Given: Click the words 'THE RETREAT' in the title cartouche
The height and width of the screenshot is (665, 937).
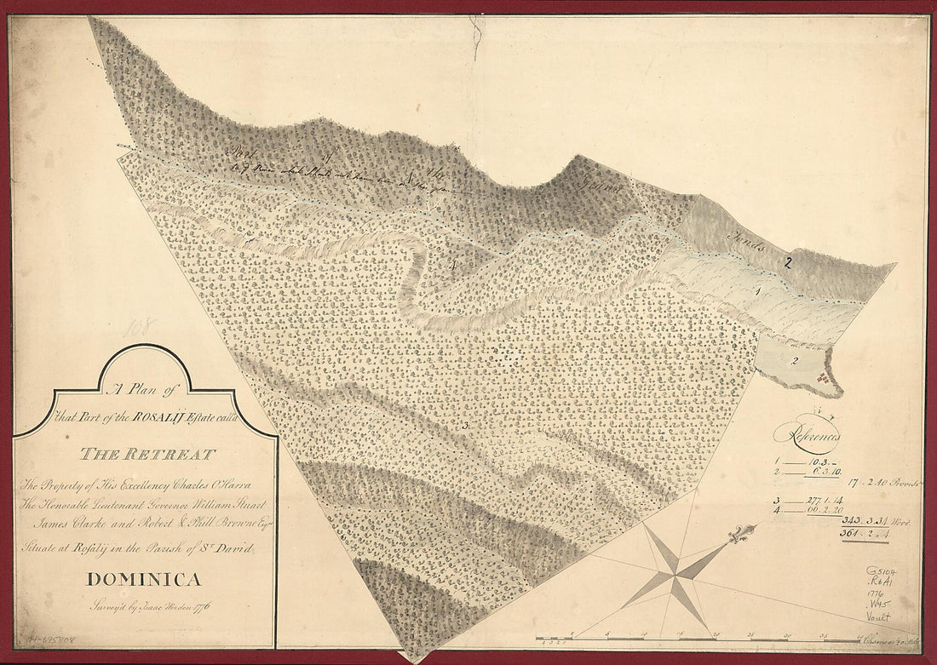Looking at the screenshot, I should (x=147, y=454).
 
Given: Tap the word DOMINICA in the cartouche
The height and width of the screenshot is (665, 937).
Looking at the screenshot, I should (x=144, y=580).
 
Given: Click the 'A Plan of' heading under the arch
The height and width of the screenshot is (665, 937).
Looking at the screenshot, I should (x=142, y=390).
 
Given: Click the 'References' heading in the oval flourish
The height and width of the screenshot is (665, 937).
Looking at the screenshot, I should (x=807, y=435).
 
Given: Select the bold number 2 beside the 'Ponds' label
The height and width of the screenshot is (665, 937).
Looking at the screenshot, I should (x=789, y=263).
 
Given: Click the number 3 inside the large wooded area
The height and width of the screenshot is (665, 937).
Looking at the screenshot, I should (x=466, y=424).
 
